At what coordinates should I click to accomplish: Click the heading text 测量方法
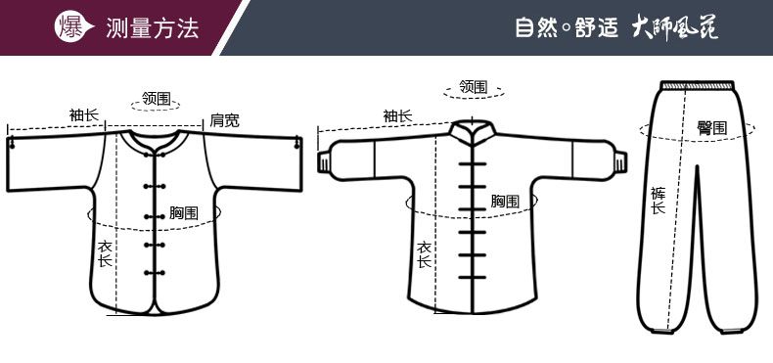pyautogui.click(x=152, y=27)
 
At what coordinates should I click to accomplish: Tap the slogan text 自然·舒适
pyautogui.click(x=567, y=26)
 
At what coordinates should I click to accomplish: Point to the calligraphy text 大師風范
pyautogui.click(x=675, y=27)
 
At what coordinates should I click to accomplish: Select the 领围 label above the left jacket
pyautogui.click(x=156, y=98)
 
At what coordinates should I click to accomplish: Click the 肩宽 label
pyautogui.click(x=225, y=119)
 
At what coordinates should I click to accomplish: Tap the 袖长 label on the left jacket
pyautogui.click(x=84, y=115)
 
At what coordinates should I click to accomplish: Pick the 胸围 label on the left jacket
pyautogui.click(x=184, y=213)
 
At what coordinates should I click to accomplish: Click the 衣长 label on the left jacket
pyautogui.click(x=106, y=253)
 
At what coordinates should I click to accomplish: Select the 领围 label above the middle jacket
pyautogui.click(x=474, y=87)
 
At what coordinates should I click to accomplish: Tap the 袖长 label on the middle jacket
pyautogui.click(x=398, y=116)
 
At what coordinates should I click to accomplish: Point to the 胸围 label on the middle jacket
pyautogui.click(x=505, y=201)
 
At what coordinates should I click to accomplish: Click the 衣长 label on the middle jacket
pyautogui.click(x=424, y=254)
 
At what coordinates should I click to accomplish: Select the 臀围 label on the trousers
pyautogui.click(x=711, y=129)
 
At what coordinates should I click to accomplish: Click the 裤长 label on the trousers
pyautogui.click(x=658, y=201)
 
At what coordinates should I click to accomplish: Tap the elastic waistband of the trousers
pyautogui.click(x=698, y=85)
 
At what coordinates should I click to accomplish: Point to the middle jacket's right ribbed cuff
pyautogui.click(x=621, y=162)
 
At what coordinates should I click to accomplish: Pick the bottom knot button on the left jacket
pyautogui.click(x=155, y=273)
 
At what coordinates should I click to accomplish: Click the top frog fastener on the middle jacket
pyautogui.click(x=473, y=163)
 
